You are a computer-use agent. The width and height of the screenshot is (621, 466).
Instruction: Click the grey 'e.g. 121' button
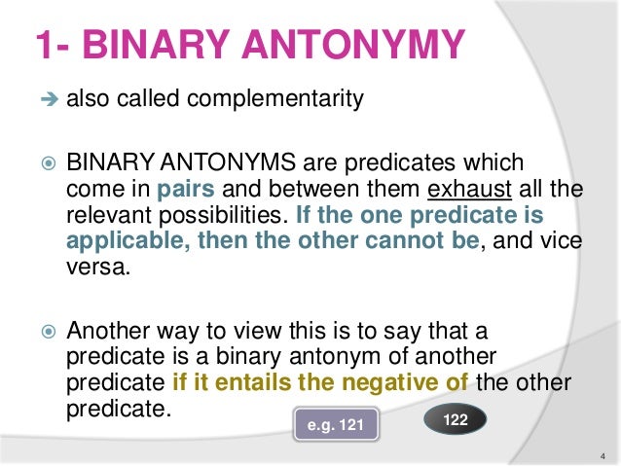(x=335, y=424)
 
